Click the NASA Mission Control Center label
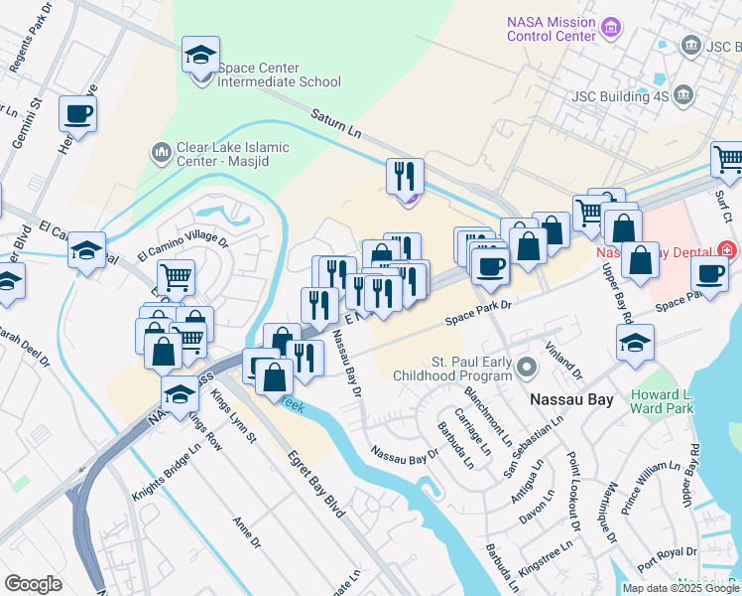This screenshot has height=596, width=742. point(552,29)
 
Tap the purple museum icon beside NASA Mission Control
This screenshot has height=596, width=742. point(612,28)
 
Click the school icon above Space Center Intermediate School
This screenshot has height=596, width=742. point(201,56)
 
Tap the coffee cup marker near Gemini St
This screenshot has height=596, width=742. point(78,114)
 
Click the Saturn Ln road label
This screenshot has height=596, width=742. point(334,123)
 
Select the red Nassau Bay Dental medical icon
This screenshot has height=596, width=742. point(729,250)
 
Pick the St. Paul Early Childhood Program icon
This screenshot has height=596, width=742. point(528,369)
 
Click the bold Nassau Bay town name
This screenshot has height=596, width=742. point(572,399)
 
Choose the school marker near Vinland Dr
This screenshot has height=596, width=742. point(635,343)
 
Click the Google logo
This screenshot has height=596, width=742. point(33,584)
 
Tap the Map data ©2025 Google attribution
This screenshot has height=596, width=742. point(680,588)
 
